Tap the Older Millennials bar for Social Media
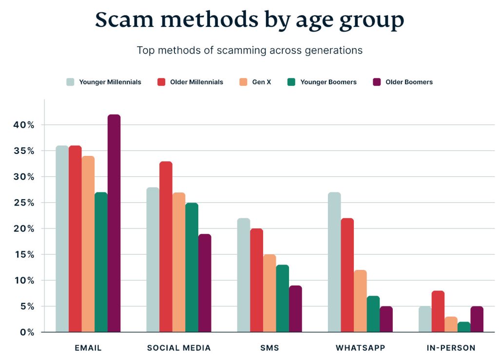(x=166, y=246)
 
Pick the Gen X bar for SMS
(x=269, y=293)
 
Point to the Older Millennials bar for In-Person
(x=438, y=311)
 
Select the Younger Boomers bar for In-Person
(x=464, y=327)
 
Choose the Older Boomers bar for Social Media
(x=205, y=283)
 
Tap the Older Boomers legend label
(x=409, y=82)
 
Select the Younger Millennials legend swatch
(x=71, y=82)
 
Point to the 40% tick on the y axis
(x=24, y=125)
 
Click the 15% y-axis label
(x=24, y=255)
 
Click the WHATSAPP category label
(x=360, y=348)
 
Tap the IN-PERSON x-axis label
(x=451, y=348)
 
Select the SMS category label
(x=269, y=348)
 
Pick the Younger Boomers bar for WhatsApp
(x=373, y=314)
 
